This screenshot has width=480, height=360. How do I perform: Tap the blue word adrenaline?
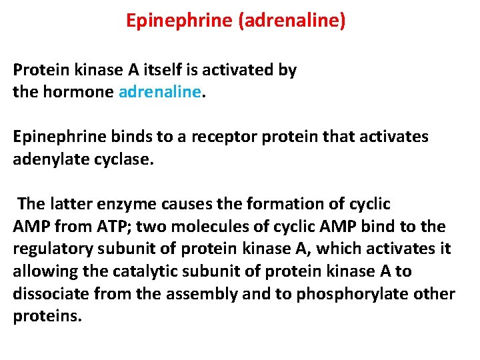click(x=159, y=92)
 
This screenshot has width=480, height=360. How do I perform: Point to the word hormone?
click(x=77, y=92)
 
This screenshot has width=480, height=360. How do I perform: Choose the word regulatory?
click(x=52, y=249)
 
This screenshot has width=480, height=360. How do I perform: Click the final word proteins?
click(x=47, y=316)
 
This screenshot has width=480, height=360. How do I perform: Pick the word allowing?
click(x=43, y=271)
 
